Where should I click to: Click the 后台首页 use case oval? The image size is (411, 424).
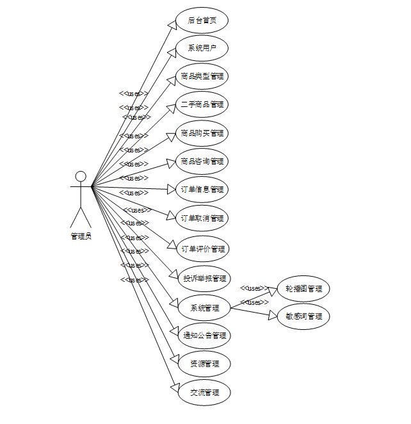pyautogui.click(x=202, y=20)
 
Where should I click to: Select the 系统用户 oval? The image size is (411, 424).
pyautogui.click(x=202, y=49)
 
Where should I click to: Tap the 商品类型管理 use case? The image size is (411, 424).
pyautogui.click(x=202, y=77)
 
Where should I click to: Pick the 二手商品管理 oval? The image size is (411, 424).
pyautogui.click(x=202, y=104)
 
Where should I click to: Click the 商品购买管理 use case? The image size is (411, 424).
pyautogui.click(x=202, y=133)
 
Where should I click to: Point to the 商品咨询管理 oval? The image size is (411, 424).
pyautogui.click(x=202, y=161)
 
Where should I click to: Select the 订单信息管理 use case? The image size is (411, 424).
pyautogui.click(x=202, y=190)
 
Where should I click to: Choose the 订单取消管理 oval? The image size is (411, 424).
pyautogui.click(x=202, y=218)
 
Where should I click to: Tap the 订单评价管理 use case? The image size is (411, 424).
pyautogui.click(x=202, y=249)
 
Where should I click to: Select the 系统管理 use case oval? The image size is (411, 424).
pyautogui.click(x=204, y=308)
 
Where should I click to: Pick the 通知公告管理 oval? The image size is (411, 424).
pyautogui.click(x=204, y=336)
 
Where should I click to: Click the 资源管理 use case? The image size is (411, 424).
pyautogui.click(x=204, y=364)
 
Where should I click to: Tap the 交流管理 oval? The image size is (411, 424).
pyautogui.click(x=204, y=392)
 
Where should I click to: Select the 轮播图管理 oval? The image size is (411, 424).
pyautogui.click(x=304, y=289)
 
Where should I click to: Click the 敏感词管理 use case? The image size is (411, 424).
pyautogui.click(x=304, y=316)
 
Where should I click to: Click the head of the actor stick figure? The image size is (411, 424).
pyautogui.click(x=81, y=176)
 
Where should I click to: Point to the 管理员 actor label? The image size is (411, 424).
pyautogui.click(x=81, y=236)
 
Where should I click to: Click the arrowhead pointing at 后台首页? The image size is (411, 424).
pyautogui.click(x=172, y=24)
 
